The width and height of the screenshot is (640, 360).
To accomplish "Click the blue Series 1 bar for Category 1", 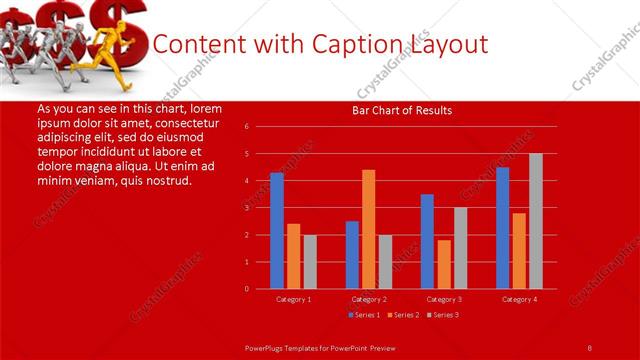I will [x=277, y=231].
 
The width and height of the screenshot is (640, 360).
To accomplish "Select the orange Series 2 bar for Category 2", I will [x=369, y=229].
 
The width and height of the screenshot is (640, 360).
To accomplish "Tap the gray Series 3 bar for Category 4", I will [x=536, y=221].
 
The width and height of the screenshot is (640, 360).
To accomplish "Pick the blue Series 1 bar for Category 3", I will [x=427, y=241].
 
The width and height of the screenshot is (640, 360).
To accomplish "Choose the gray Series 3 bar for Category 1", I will [x=310, y=262].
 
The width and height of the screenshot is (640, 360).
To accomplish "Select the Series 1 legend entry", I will [x=365, y=315].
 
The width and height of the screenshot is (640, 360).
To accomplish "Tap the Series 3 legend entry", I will [x=444, y=315].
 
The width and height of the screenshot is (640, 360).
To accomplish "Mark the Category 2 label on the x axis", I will [x=369, y=299].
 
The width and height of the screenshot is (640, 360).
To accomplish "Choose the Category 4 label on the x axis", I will [x=519, y=299].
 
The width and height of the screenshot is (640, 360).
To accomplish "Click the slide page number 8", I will [x=589, y=347].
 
